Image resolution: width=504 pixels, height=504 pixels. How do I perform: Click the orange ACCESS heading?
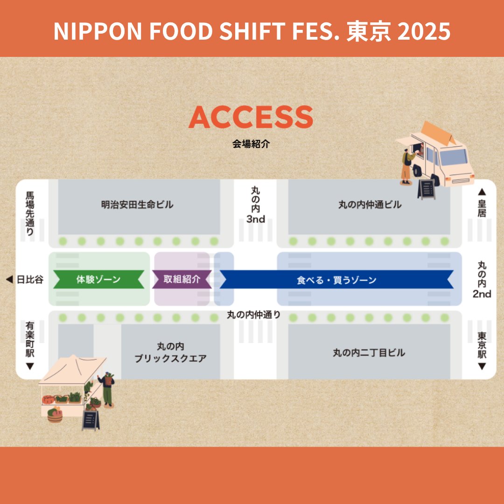(x=251, y=118)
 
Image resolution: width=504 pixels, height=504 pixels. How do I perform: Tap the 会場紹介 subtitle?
(x=251, y=144)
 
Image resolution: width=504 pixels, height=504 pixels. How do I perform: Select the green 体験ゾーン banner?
(x=98, y=280)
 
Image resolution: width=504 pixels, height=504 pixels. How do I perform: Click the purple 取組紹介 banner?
(x=182, y=280)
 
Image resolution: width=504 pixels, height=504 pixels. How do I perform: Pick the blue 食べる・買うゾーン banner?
(x=336, y=280)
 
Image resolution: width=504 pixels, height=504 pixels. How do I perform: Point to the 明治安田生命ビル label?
(x=137, y=204)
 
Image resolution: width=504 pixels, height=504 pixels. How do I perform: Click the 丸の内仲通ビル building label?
(x=370, y=204)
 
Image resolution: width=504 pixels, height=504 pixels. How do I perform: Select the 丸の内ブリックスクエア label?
(x=170, y=353)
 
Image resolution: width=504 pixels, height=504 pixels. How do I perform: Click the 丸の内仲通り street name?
(x=254, y=315)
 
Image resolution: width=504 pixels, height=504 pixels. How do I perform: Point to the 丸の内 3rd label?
(x=256, y=204)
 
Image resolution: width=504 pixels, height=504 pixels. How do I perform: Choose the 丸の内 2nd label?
(x=482, y=280)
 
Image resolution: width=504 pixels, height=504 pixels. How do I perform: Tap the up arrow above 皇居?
(x=482, y=191)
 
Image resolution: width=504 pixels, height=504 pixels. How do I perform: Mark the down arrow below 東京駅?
(x=482, y=367)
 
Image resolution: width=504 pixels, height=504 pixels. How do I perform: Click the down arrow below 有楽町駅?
(x=30, y=367)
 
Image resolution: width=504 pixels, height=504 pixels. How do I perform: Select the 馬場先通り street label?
(x=30, y=213)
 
